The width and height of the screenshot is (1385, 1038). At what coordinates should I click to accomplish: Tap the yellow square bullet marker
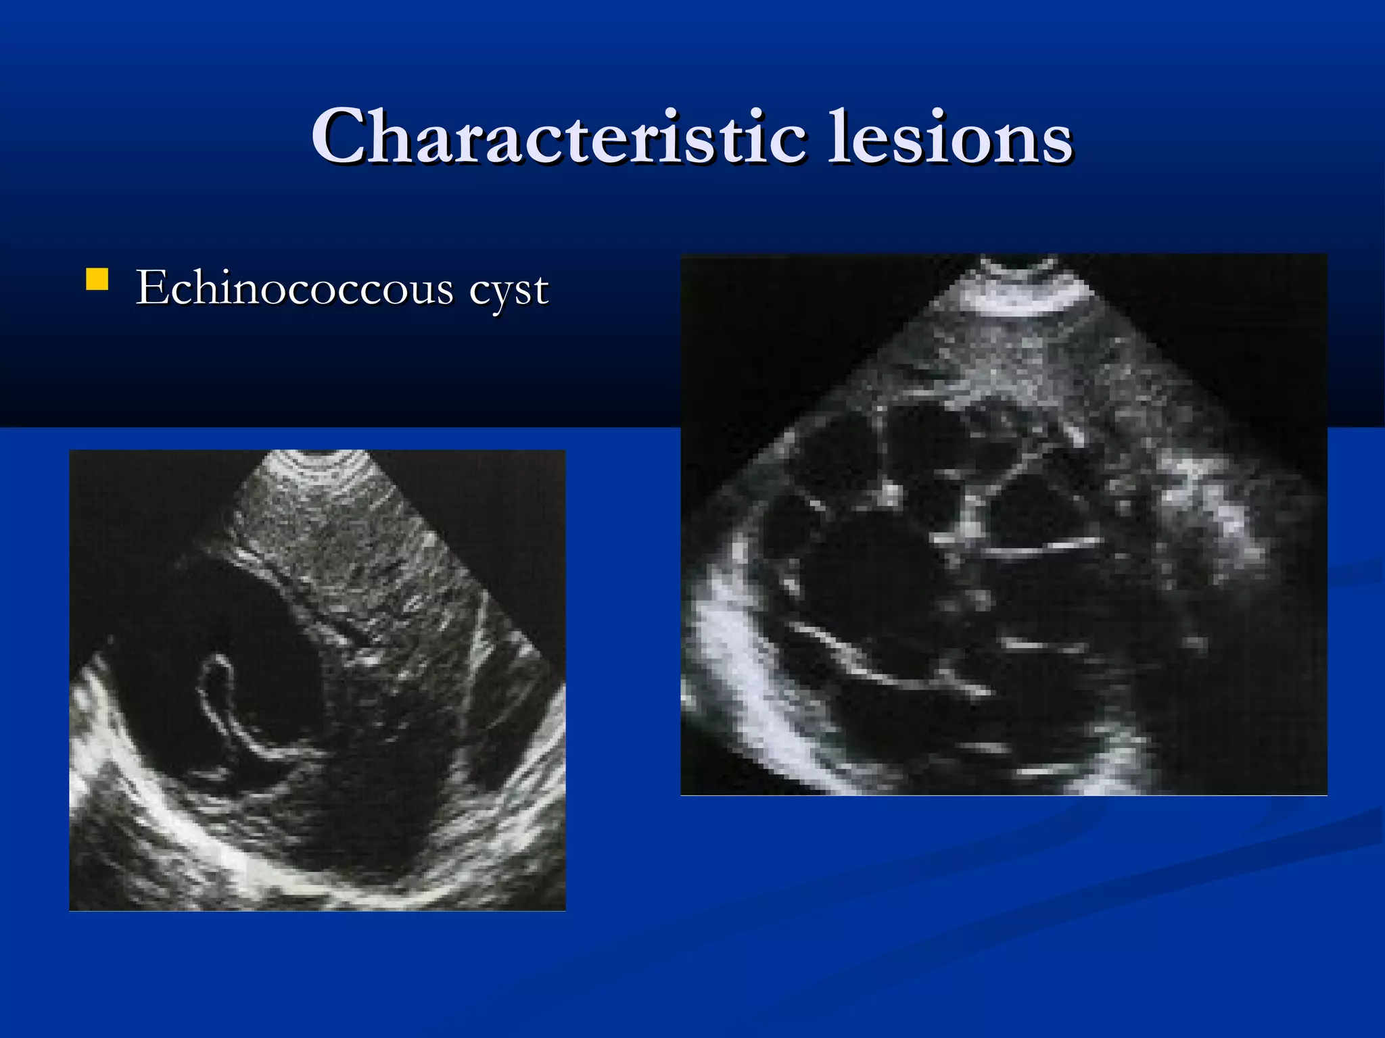coord(97,280)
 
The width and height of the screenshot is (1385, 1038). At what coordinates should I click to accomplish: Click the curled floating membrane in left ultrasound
coord(223,703)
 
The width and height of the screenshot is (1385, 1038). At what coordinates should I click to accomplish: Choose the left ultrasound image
coord(317,680)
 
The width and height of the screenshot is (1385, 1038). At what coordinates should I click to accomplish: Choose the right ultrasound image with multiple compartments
coord(1004,524)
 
